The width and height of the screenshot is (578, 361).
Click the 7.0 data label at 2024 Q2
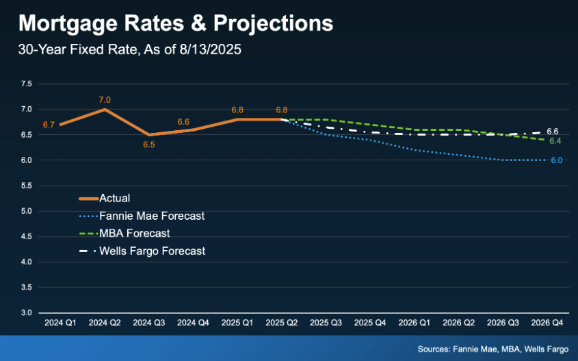click(105, 100)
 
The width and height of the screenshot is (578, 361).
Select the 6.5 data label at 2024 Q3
click(148, 145)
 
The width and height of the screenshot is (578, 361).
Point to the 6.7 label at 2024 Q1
click(49, 125)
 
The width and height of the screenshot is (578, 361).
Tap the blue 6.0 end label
click(556, 160)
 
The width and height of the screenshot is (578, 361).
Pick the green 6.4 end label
click(555, 140)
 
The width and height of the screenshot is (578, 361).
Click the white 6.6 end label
click(553, 131)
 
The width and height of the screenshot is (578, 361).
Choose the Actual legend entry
click(114, 199)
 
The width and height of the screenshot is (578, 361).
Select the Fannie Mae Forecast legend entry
click(152, 216)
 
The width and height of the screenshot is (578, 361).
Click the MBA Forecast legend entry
click(134, 234)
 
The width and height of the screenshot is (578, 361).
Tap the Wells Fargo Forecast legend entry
click(152, 251)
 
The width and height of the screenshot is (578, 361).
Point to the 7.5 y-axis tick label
click(27, 84)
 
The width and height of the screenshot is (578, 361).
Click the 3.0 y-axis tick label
click(27, 313)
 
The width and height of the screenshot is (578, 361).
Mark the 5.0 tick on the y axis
click(27, 211)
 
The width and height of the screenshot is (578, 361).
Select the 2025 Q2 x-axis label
click(282, 322)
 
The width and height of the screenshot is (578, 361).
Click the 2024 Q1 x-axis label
click(61, 322)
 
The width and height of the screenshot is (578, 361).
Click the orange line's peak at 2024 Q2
click(105, 109)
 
